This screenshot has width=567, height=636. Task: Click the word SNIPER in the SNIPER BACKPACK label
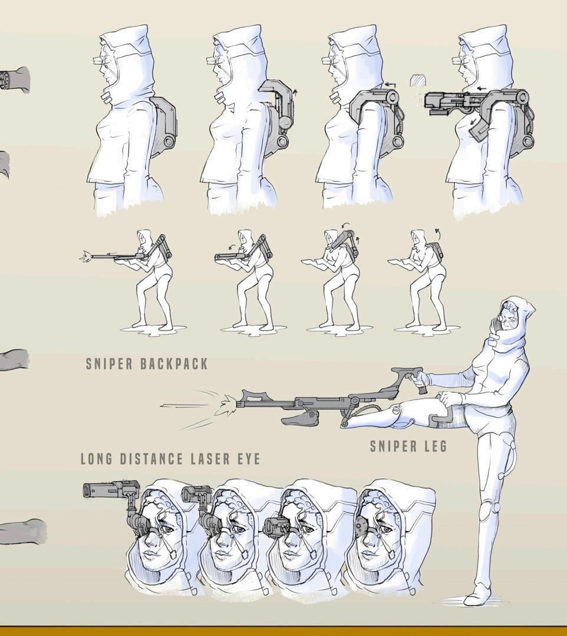tap(109, 363)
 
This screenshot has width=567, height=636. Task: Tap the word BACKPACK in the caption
tap(174, 363)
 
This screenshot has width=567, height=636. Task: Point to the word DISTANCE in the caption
tap(152, 459)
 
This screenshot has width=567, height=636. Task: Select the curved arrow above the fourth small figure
tap(438, 233)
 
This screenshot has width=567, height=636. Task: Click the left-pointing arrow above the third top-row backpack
tap(390, 85)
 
